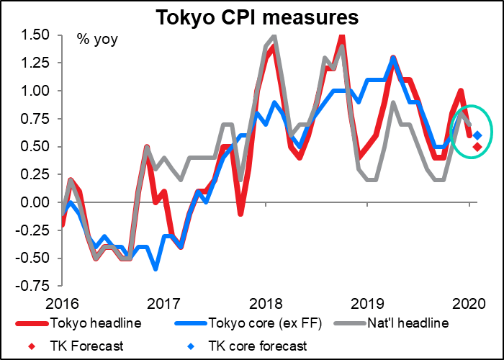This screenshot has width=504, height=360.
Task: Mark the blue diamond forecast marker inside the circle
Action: click(477, 135)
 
